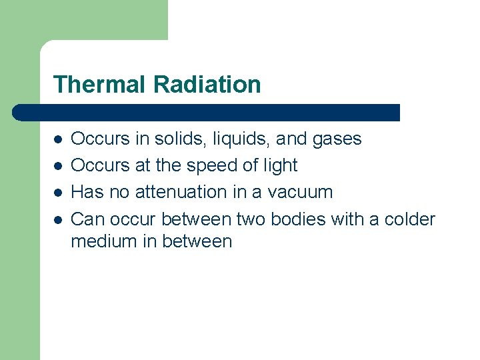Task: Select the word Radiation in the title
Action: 207,85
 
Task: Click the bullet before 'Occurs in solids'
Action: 59,139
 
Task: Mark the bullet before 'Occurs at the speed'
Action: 59,166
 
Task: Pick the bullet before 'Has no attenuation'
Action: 59,193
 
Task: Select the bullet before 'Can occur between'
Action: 59,219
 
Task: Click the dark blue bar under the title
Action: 207,112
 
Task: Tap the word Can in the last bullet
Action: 87,219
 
